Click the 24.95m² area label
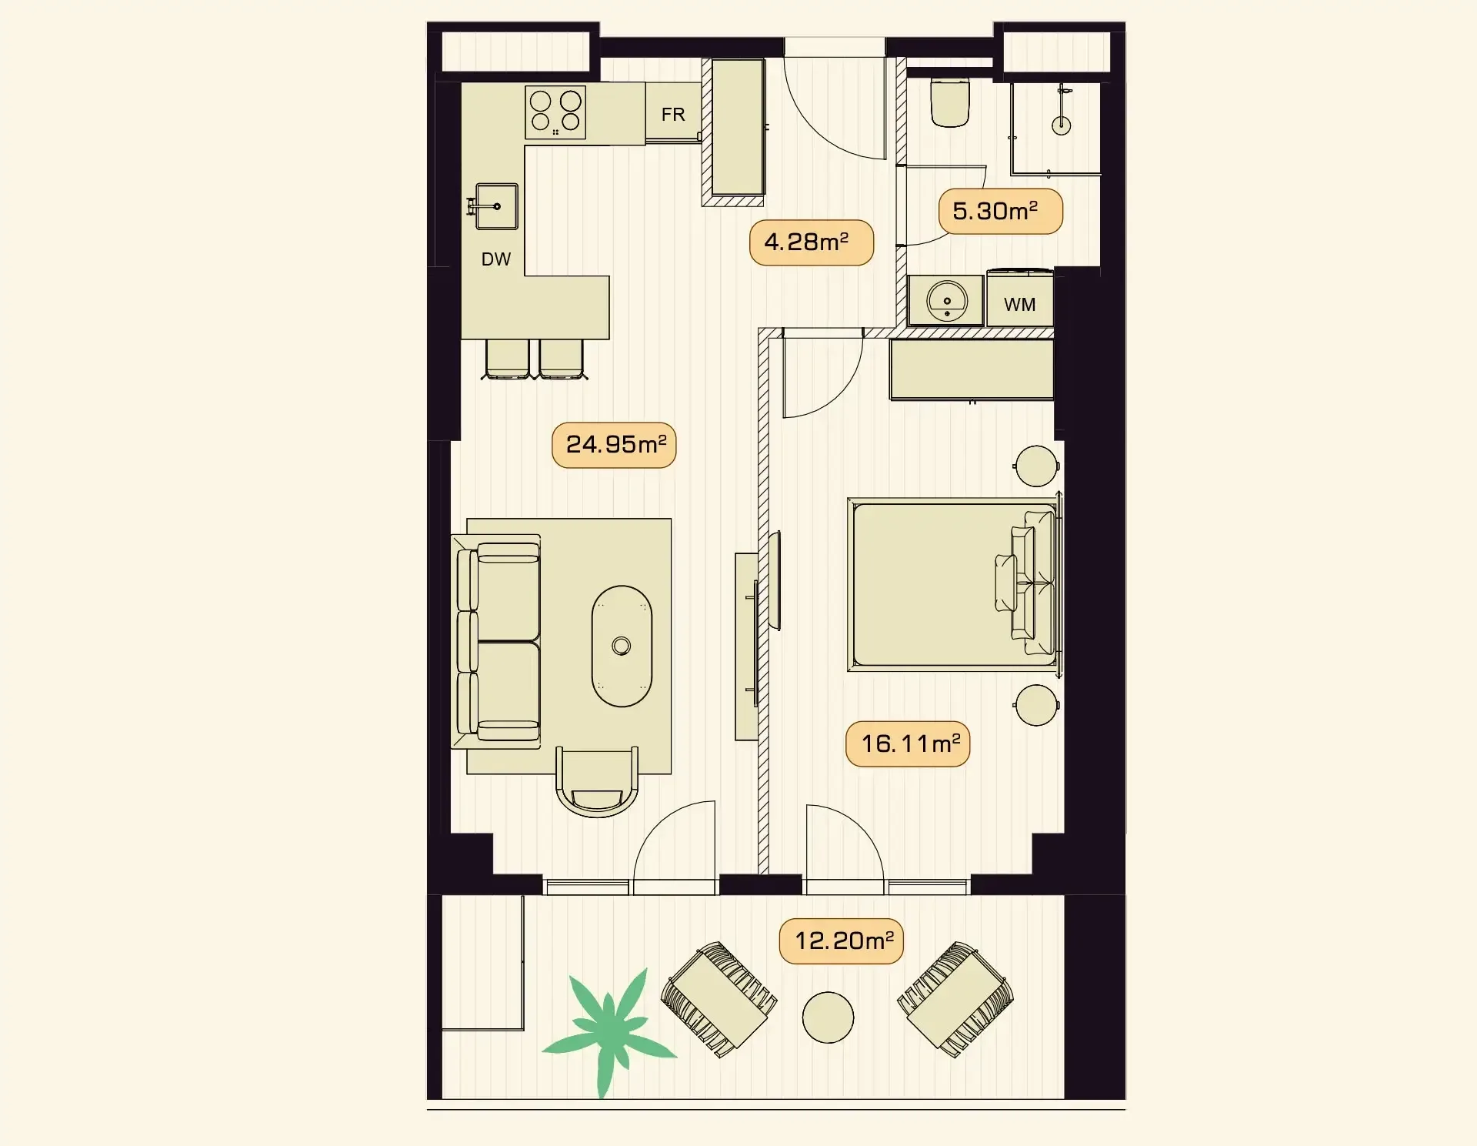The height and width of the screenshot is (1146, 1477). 614,445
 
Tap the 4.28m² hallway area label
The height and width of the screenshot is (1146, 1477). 812,242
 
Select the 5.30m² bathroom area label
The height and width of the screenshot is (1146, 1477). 1000,212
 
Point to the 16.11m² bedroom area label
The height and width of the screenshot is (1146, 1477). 908,744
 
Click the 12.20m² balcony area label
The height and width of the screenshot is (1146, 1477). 842,941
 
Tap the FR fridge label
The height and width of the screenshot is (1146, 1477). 673,115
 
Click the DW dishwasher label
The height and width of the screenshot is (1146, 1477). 496,259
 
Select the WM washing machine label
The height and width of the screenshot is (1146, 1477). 1020,305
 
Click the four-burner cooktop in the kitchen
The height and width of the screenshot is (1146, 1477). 555,112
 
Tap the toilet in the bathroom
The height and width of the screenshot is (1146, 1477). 951,101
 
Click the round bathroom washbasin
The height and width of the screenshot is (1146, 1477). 947,301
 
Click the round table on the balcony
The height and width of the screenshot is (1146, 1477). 828,1017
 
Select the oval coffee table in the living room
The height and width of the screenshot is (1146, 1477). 622,647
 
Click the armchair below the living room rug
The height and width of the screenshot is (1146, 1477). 597,781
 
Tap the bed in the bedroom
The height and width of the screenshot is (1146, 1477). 954,585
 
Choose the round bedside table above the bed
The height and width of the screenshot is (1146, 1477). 1036,466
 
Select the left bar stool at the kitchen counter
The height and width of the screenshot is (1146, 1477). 507,359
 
